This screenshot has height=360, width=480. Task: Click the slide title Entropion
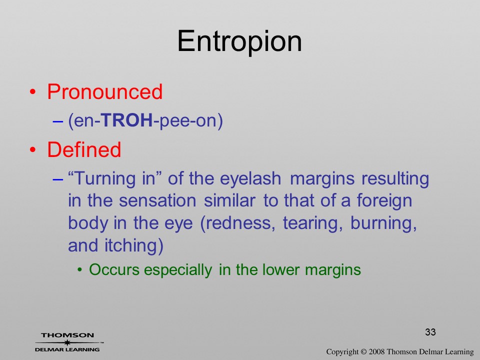coord(239,41)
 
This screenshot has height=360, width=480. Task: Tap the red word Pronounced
coord(104,91)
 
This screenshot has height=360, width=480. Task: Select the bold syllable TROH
coord(126,120)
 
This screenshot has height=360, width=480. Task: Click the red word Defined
coord(84,149)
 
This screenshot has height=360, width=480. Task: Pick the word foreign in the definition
coord(384,201)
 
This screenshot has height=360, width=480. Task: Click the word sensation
coord(157,201)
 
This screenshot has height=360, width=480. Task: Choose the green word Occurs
coord(114,269)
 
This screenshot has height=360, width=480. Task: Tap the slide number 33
coord(430,332)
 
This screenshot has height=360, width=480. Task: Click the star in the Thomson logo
coord(67,342)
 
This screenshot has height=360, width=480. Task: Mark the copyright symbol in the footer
coord(363,352)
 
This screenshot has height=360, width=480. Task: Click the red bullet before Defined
coord(33,150)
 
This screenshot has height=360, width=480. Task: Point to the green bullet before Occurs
coord(80,270)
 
